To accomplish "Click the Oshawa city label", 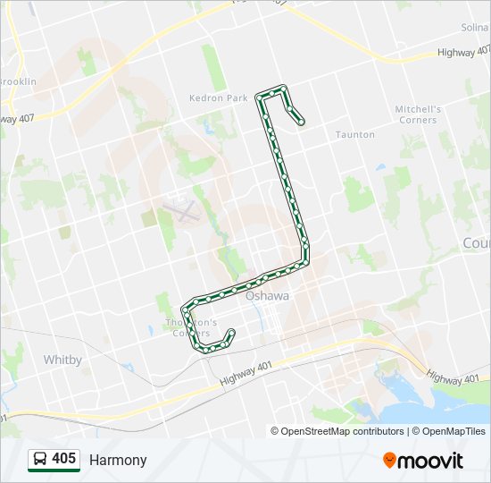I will [268, 296].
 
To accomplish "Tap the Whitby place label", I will [62, 360].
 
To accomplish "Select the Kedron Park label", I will [218, 98].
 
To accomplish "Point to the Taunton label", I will [354, 134].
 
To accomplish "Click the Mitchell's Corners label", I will [417, 114].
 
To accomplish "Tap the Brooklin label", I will [18, 81].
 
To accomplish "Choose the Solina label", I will [475, 29].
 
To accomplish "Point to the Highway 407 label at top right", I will [463, 53].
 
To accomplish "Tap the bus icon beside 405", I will [40, 460].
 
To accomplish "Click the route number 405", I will [63, 459].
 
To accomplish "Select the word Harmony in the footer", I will [118, 460].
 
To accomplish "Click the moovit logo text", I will [431, 461].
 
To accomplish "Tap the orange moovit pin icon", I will [389, 460].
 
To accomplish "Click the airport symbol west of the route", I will [181, 211].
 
